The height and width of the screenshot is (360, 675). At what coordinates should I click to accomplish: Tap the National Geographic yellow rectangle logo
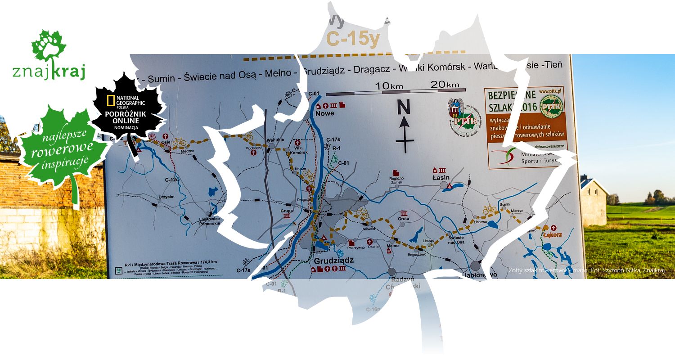[110, 100]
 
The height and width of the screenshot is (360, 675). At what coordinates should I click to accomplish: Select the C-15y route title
[353, 39]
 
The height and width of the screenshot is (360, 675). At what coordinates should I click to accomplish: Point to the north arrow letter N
[404, 107]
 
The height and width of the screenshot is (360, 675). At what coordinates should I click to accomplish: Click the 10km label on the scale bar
[389, 85]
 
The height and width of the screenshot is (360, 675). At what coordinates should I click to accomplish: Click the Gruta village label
[403, 219]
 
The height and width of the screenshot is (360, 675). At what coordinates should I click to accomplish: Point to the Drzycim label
[166, 197]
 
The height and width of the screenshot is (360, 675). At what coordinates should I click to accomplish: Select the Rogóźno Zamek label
[396, 180]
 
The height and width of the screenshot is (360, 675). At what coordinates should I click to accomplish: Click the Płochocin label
[253, 148]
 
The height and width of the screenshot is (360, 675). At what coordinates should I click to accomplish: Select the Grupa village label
[287, 210]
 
